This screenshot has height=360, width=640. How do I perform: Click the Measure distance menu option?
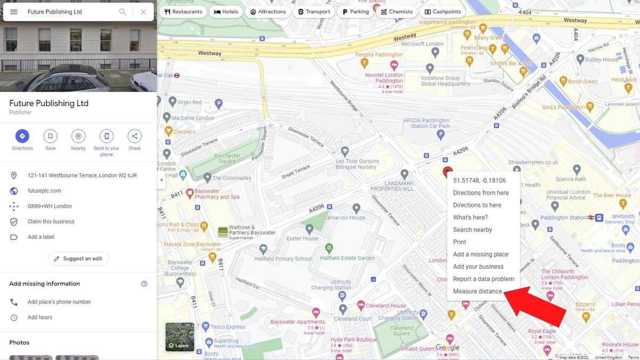(x=477, y=291)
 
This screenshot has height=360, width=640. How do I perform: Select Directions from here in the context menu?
(x=481, y=193)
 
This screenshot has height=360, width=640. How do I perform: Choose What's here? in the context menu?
(x=470, y=218)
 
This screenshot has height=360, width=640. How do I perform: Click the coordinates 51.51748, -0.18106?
(x=479, y=181)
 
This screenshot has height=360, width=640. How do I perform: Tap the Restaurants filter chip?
(x=183, y=12)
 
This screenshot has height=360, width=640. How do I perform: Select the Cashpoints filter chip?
(x=442, y=12)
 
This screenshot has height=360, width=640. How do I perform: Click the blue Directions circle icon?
(x=22, y=136)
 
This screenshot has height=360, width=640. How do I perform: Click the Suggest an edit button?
(x=78, y=259)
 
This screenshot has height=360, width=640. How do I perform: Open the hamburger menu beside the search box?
(x=14, y=12)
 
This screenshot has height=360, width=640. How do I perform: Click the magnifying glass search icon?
(x=123, y=12)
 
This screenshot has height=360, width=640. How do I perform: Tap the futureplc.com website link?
(x=44, y=191)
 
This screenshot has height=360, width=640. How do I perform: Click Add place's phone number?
(x=59, y=302)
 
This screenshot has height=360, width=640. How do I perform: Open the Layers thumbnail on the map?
(x=180, y=337)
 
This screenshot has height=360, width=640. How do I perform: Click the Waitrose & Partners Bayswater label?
(x=252, y=230)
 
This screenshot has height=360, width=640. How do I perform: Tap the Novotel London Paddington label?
(x=384, y=78)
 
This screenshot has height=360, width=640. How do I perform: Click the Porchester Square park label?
(x=227, y=158)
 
